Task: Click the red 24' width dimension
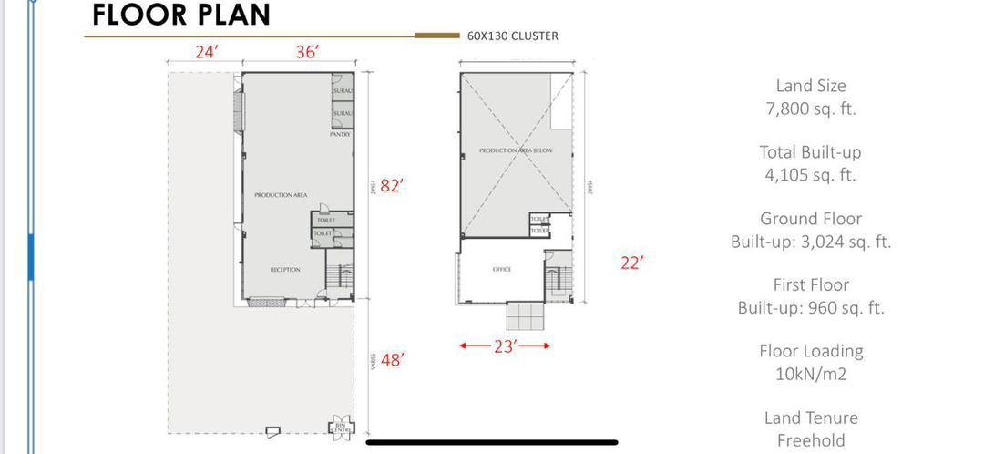206,52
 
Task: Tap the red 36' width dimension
308,52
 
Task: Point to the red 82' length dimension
392,186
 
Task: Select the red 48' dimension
392,360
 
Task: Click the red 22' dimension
632,263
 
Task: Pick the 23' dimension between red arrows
505,346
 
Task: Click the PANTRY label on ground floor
340,134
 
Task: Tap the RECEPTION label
285,270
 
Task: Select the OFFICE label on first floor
501,270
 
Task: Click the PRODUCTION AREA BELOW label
516,150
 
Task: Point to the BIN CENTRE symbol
342,426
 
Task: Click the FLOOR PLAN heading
181,15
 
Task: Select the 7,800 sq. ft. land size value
810,108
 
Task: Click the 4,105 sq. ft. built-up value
810,175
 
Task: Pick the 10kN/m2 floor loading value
810,374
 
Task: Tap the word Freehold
810,441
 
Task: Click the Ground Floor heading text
810,219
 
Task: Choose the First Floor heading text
810,285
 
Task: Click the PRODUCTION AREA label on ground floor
281,195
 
